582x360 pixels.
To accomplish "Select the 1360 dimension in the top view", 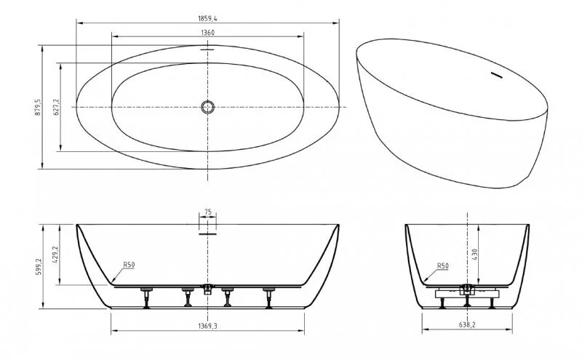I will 207,33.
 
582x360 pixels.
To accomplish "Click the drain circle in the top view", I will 208,108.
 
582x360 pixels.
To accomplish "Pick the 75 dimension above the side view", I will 208,212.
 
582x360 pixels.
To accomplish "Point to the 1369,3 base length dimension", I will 207,325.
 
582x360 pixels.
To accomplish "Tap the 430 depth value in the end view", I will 474,255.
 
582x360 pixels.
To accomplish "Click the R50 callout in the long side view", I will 128,266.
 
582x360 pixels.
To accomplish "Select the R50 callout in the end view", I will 442,266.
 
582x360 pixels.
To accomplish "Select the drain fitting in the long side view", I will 208,289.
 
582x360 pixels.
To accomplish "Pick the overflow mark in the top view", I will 208,50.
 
